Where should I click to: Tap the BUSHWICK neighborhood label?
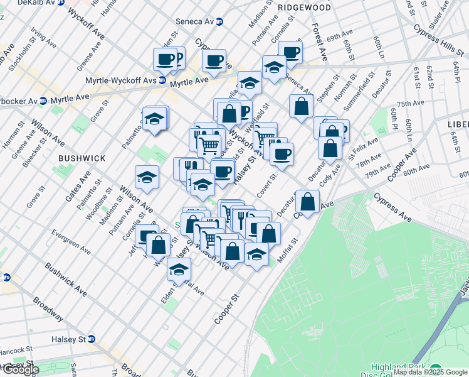tap(82, 158)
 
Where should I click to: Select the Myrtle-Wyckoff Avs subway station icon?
tap(162, 80)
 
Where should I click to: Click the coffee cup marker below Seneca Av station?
tap(214, 61)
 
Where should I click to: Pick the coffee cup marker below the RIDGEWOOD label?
tap(290, 52)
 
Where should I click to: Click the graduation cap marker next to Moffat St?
tap(256, 254)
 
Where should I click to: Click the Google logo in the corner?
tap(20, 370)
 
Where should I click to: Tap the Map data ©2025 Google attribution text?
tap(431, 373)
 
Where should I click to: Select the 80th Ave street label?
tap(416, 168)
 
